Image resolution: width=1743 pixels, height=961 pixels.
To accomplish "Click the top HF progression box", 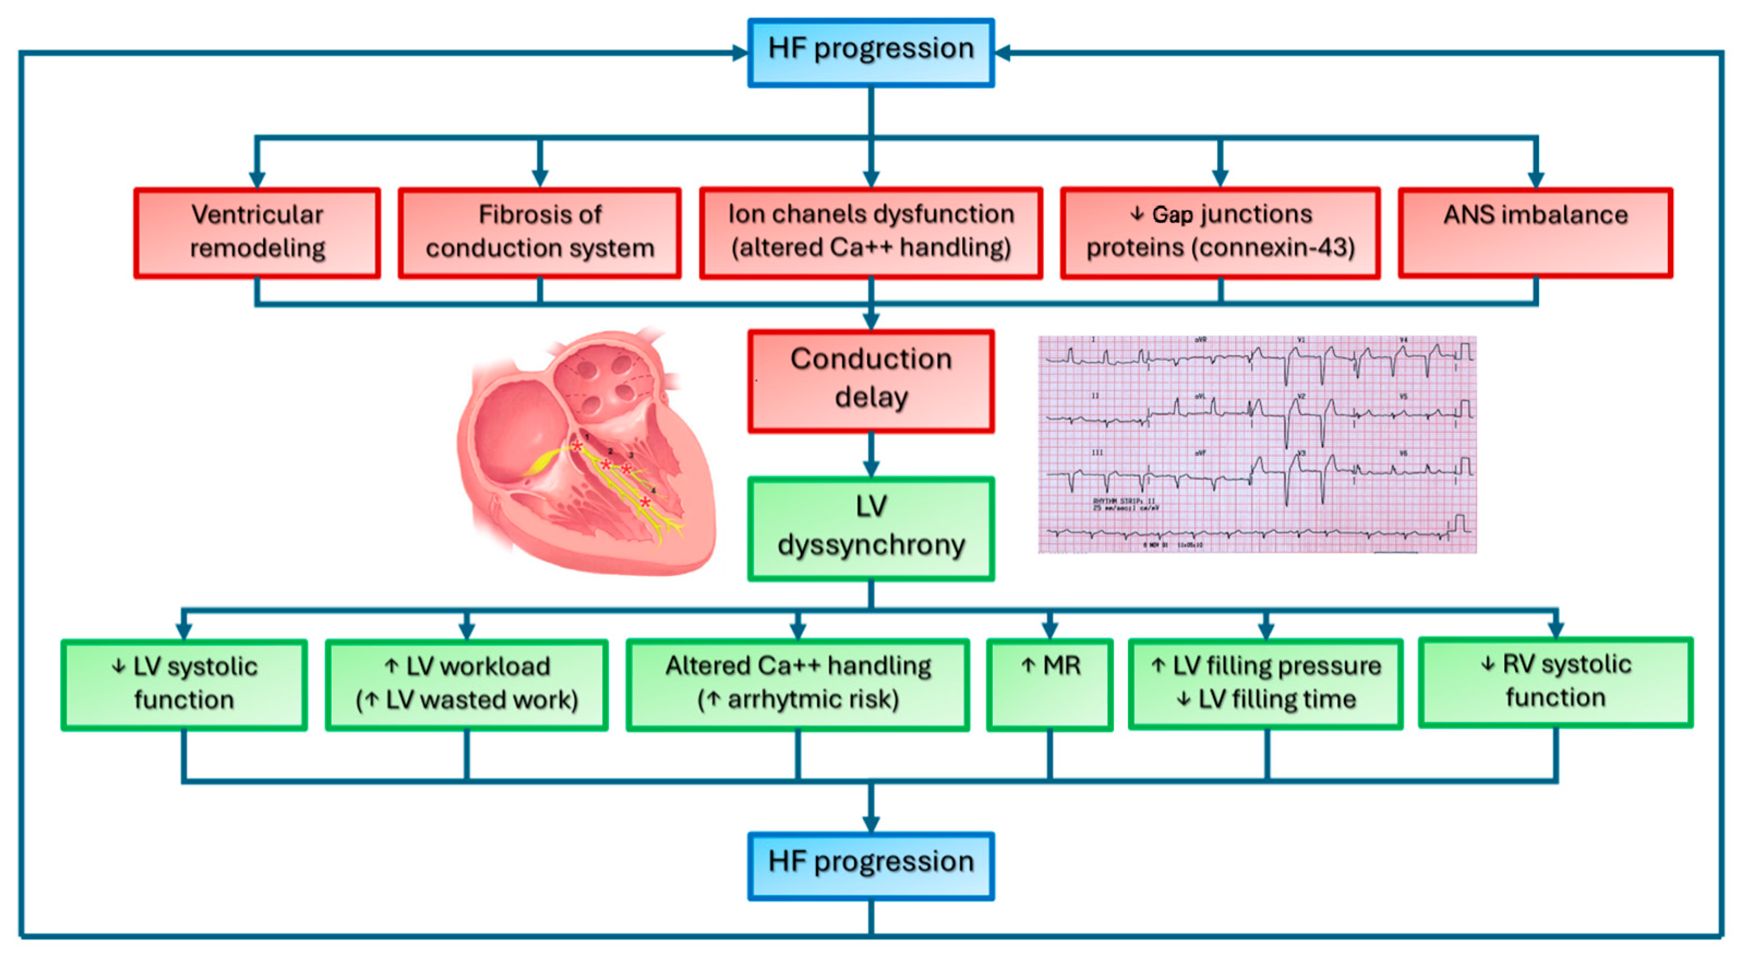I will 871,52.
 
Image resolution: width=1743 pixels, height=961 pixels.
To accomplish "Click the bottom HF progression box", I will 871,866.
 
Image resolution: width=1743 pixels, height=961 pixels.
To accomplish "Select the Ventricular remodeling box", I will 257,232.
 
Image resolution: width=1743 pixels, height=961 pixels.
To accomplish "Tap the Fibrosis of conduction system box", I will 539,232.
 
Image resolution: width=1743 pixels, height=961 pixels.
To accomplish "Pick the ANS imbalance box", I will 1535,232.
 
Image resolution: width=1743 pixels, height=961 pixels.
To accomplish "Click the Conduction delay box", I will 871,380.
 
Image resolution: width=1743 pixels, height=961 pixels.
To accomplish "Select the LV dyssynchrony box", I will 871,528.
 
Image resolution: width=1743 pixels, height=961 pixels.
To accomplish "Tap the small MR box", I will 1050,683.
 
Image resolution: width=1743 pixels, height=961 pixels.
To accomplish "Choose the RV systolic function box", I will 1555,682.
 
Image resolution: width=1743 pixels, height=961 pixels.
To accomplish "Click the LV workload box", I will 467,684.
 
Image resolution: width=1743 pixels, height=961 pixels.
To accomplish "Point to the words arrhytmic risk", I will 812,700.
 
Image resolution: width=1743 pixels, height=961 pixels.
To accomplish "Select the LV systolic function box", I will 184,684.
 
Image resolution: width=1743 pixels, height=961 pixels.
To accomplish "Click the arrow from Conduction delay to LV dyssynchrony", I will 871,455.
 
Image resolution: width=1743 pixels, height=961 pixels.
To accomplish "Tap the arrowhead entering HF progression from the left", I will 740,53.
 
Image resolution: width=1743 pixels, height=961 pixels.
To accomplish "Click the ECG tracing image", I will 1257,444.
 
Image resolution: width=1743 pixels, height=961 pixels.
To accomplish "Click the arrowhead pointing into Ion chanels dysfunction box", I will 871,179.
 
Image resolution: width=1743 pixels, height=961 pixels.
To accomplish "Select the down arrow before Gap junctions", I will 1137,214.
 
